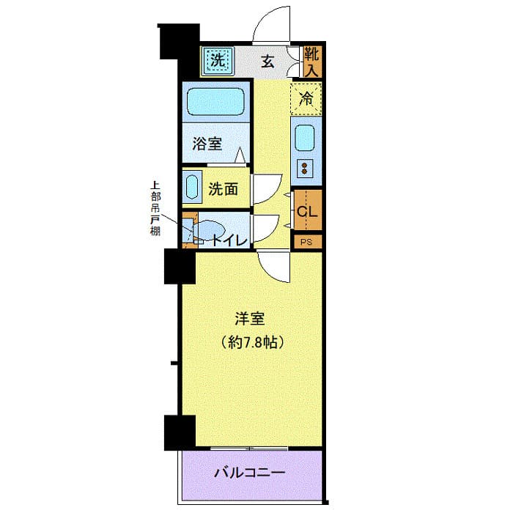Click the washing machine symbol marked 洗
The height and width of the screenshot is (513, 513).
[x=217, y=60]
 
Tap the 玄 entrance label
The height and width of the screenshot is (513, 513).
[x=268, y=62]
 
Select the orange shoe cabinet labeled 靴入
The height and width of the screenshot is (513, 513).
[x=312, y=62]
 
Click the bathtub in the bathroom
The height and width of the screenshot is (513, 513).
[x=215, y=102]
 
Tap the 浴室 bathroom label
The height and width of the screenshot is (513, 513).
[x=207, y=144]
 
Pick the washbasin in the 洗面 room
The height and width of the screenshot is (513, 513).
[x=191, y=187]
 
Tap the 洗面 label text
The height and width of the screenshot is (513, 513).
[x=223, y=188]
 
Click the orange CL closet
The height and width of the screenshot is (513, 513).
[x=307, y=212]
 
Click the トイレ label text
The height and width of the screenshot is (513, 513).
[x=229, y=239]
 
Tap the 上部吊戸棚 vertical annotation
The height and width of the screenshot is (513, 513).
[x=155, y=208]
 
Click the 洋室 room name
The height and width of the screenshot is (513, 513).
[x=249, y=320]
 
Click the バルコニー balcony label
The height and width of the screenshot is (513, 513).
[x=249, y=472]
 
